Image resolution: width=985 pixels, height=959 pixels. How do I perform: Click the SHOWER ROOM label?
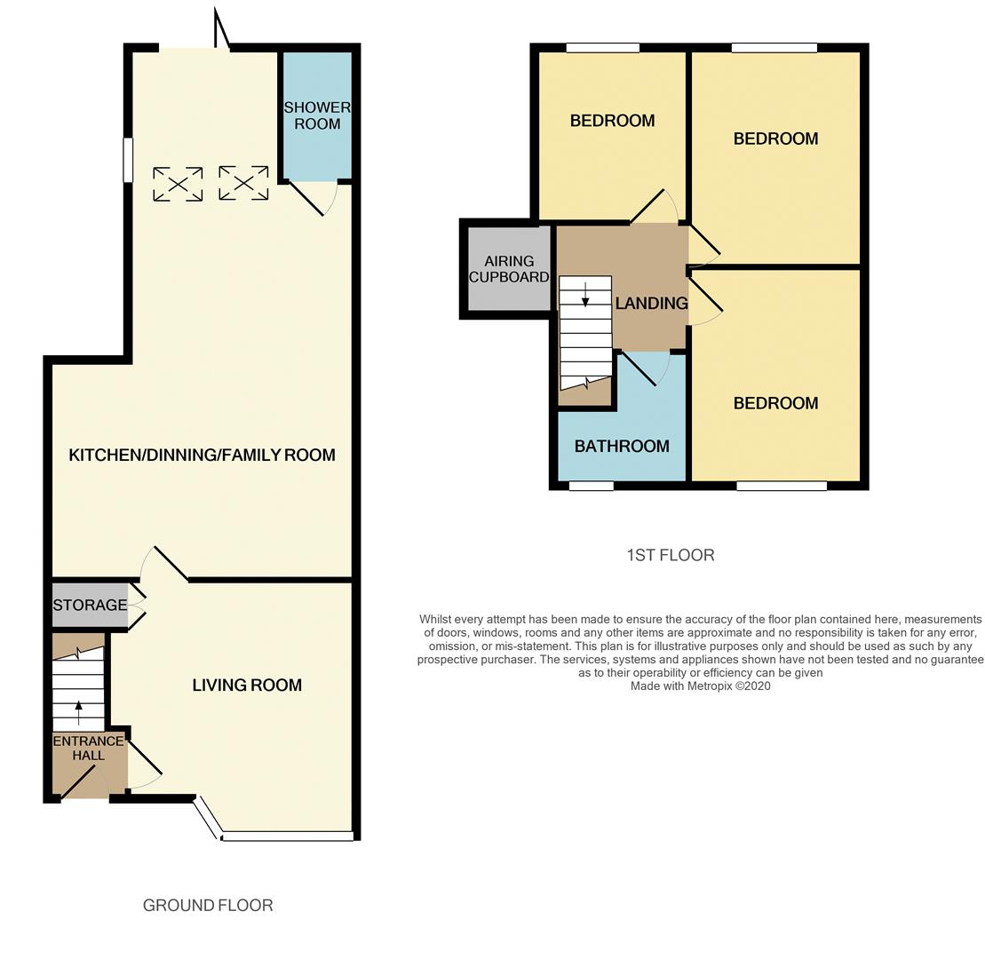317,115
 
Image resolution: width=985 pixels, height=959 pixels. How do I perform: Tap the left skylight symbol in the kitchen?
178,184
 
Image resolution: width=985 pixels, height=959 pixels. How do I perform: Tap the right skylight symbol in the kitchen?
243,183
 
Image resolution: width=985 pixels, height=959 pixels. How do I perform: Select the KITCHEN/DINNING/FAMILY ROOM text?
202,455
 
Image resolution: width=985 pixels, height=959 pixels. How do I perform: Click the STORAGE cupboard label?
90,605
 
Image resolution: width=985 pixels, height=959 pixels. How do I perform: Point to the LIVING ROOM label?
247,685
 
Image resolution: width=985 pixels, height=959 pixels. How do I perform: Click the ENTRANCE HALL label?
88,748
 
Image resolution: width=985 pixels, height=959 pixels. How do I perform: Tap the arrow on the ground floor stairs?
78,709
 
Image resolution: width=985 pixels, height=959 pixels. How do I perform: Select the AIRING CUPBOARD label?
509,269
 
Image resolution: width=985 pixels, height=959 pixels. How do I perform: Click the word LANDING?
651,303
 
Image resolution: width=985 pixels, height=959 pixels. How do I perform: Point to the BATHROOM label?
622,446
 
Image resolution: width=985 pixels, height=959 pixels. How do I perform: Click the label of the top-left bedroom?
612,121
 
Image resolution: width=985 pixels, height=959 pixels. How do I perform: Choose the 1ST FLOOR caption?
670,555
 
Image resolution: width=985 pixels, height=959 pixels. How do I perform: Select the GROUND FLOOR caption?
208,905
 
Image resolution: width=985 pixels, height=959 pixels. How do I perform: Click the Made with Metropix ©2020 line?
700,686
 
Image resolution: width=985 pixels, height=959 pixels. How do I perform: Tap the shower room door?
309,199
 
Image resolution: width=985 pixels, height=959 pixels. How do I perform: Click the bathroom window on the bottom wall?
591,486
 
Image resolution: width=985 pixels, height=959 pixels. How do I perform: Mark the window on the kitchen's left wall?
128,160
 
